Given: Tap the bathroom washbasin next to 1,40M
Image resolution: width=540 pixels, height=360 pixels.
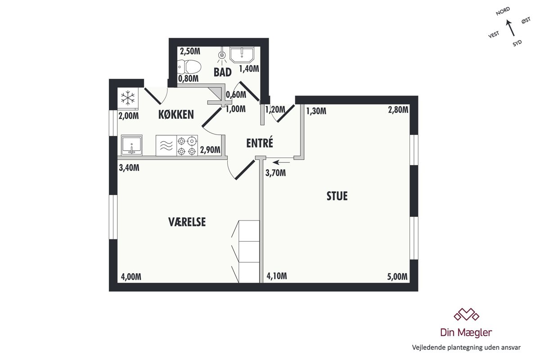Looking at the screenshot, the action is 242,54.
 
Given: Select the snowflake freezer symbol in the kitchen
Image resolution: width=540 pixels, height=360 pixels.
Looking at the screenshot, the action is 128,98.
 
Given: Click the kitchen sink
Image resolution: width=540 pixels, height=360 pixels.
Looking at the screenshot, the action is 131,145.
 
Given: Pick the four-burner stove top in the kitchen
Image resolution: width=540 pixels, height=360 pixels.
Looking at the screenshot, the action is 187,145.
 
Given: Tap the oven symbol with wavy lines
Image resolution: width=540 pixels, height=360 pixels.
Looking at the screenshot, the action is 166,145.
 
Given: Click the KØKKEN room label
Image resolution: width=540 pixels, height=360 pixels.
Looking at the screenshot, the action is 176,115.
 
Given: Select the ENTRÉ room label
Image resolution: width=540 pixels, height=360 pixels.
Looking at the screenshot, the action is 260,143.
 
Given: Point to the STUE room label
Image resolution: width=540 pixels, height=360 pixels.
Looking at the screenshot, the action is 337,196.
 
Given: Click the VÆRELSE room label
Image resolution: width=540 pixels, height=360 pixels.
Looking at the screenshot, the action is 187,222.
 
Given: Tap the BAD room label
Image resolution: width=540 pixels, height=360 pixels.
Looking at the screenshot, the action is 222,72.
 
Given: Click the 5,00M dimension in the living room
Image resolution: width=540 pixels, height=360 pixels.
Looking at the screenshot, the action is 397,277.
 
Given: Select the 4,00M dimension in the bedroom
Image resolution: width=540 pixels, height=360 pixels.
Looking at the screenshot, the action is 131,277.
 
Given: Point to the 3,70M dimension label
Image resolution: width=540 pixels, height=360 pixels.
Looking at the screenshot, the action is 275,173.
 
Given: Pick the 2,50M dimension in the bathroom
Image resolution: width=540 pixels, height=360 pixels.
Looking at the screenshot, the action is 190,51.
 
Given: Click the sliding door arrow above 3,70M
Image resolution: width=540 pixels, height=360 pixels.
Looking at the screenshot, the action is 281,162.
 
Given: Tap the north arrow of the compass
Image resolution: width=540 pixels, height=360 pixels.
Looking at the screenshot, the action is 510,28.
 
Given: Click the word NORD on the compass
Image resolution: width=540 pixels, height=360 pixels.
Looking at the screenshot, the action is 503,11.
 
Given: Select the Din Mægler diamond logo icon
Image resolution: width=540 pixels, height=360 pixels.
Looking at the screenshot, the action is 467,315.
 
